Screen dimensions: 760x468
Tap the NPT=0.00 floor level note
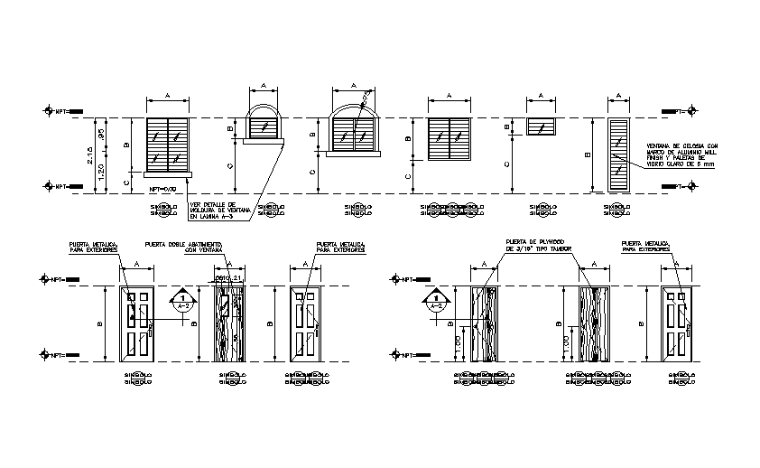[160, 190]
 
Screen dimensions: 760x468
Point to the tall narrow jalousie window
[618, 154]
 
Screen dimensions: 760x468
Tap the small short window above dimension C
[540, 126]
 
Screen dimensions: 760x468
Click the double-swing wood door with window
[229, 324]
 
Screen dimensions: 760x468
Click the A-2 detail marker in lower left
[183, 301]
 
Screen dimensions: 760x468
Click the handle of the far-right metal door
[688, 330]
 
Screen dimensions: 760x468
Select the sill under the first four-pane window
[168, 171]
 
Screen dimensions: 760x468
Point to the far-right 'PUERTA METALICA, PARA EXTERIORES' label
[644, 247]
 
